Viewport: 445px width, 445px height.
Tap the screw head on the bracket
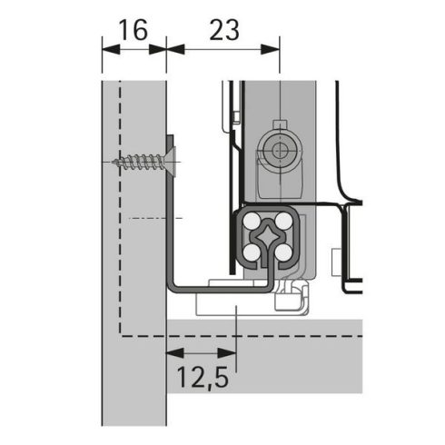pyautogui.click(x=169, y=163)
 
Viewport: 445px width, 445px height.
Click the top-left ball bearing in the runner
pyautogui.click(x=249, y=221)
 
